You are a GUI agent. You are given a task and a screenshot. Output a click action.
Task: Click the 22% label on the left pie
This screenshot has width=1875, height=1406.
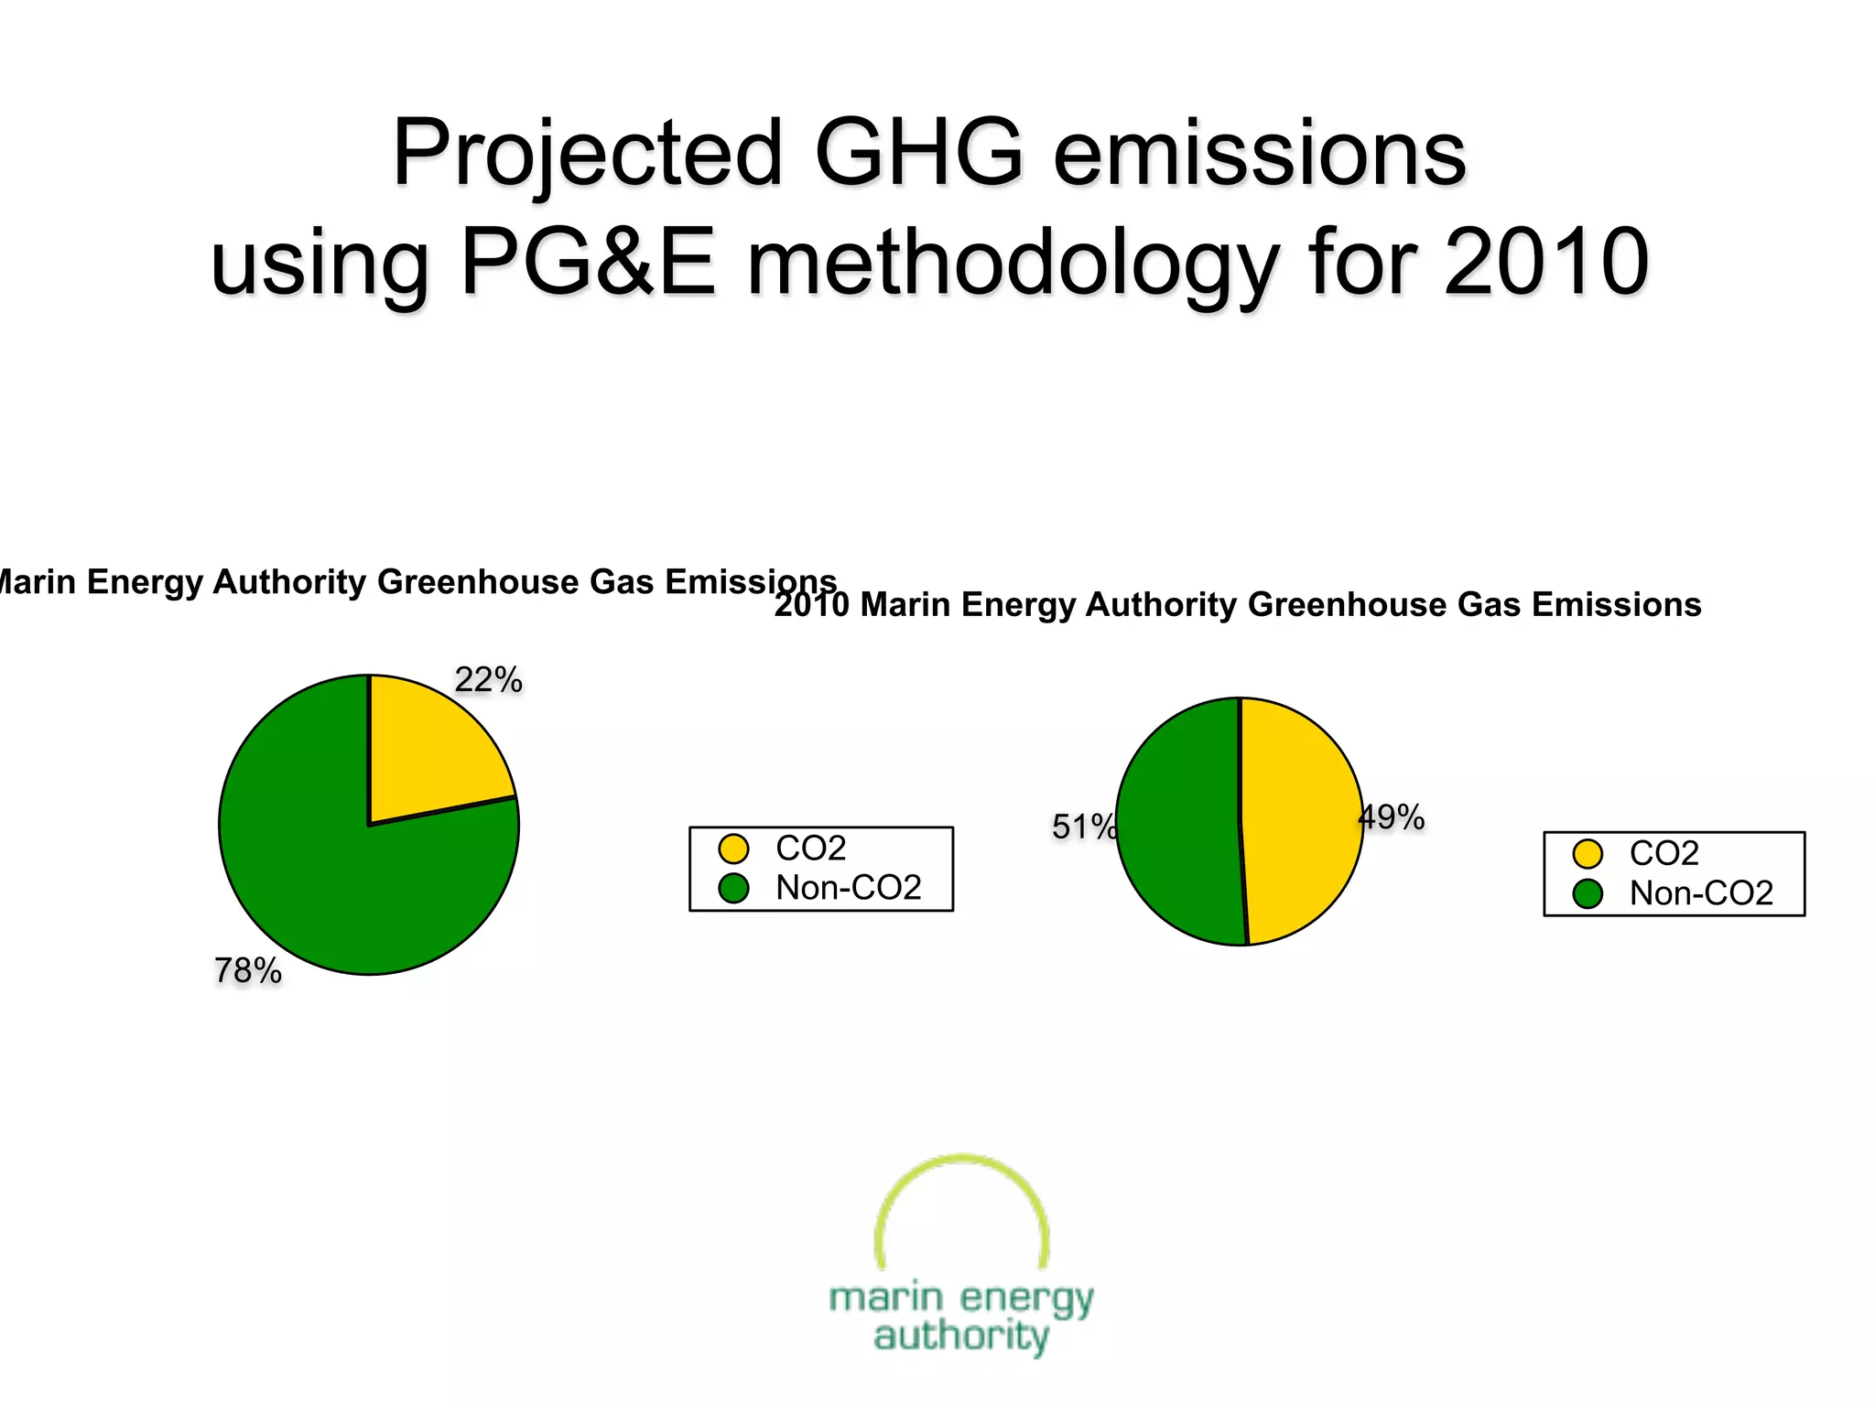pos(488,680)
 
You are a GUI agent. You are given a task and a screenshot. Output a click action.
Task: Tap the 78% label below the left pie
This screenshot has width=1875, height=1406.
pos(247,971)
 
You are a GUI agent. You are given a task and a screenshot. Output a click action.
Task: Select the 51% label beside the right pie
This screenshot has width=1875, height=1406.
pos(1083,827)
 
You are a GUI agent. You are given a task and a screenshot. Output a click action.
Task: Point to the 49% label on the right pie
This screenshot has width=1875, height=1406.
pos(1392,817)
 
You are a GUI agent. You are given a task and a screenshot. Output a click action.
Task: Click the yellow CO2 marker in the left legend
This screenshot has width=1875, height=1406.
pos(733,849)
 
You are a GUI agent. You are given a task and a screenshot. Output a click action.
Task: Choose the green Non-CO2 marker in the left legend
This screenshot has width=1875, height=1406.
pos(733,888)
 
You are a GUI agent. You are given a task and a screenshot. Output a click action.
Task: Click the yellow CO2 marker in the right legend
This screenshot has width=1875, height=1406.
pos(1588,854)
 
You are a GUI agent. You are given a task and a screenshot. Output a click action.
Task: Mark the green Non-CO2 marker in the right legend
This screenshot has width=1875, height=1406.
pos(1588,893)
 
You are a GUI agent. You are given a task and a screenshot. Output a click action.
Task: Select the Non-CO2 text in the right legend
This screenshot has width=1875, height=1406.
pos(1701,893)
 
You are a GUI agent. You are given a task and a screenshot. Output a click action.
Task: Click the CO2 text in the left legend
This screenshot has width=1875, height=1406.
pos(810,849)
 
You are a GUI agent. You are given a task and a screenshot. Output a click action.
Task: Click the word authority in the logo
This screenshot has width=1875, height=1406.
pos(961,1336)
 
